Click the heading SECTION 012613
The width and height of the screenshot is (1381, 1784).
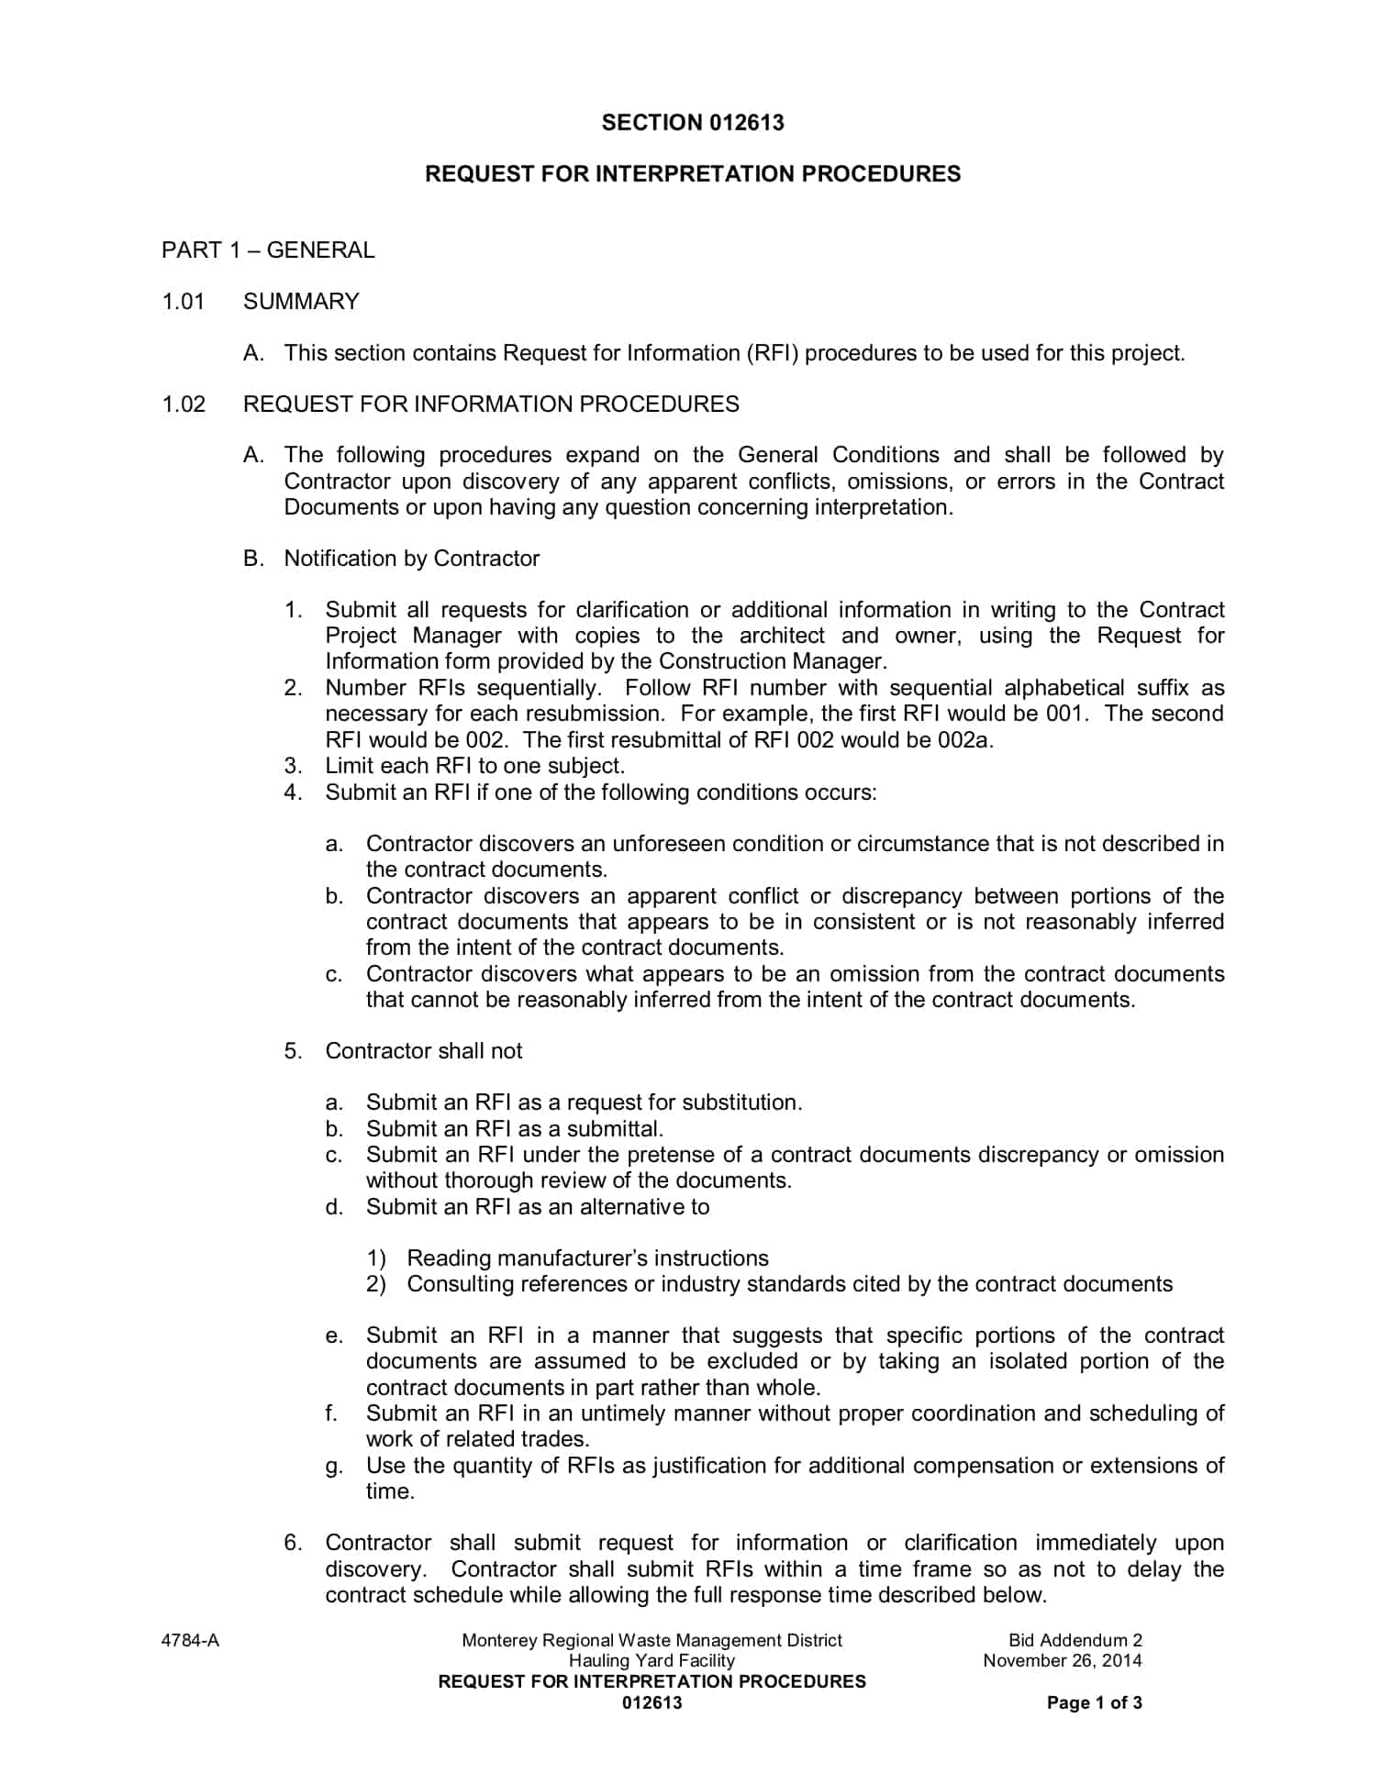[x=693, y=123]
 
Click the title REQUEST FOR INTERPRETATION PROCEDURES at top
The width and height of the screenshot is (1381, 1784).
[x=693, y=174]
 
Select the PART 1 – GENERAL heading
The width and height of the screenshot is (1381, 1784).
[x=268, y=250]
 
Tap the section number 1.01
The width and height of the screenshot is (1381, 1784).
[x=184, y=302]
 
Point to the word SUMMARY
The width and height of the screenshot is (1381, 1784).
[x=301, y=302]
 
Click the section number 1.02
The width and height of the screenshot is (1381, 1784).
[x=184, y=404]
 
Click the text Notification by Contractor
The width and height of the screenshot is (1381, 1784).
[x=411, y=559]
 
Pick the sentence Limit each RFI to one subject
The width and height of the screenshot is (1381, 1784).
[x=474, y=766]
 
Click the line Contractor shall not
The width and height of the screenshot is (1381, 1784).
[x=423, y=1051]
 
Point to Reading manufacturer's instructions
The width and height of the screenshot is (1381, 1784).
[x=587, y=1258]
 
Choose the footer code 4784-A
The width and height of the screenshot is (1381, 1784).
[x=190, y=1641]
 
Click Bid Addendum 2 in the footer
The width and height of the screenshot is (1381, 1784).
[x=1075, y=1641]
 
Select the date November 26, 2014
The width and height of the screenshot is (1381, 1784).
[x=1063, y=1661]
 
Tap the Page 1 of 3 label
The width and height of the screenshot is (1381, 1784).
[x=1094, y=1703]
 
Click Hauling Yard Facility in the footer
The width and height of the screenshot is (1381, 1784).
[x=652, y=1661]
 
